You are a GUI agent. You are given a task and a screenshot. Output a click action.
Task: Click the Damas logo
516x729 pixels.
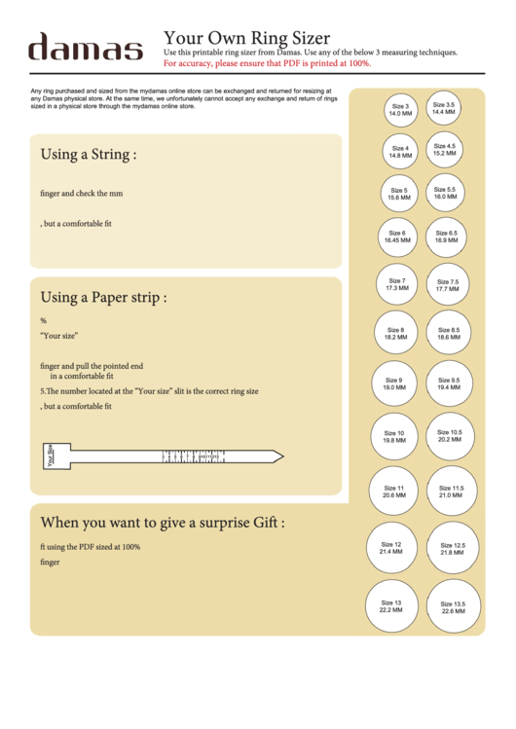(86, 48)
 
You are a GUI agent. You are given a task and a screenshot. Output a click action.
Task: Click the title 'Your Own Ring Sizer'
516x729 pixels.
(246, 38)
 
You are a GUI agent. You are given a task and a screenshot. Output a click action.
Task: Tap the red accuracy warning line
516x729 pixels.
(267, 63)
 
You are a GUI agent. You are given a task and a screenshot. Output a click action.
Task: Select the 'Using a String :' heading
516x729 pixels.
(88, 155)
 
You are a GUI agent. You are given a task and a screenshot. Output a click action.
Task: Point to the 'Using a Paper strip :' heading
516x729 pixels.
(103, 297)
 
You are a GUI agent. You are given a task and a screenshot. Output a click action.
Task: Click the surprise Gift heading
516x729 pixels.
(163, 523)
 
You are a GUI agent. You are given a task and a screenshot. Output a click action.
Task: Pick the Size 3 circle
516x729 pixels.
(400, 110)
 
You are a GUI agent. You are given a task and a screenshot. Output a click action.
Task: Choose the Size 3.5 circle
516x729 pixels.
(444, 108)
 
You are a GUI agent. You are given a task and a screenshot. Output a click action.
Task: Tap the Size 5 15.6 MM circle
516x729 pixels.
(399, 194)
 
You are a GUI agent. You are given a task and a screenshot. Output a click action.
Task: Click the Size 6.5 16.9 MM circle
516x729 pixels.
(447, 237)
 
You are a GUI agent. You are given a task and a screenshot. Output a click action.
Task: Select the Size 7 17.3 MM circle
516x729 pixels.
(397, 284)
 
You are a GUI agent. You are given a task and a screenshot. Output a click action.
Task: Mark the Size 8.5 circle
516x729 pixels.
(449, 334)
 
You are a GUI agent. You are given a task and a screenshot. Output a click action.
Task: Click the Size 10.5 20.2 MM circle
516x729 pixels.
(450, 435)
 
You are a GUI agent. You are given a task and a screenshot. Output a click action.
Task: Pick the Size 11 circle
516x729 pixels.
(393, 492)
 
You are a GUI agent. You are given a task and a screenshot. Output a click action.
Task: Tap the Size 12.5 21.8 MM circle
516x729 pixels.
(453, 549)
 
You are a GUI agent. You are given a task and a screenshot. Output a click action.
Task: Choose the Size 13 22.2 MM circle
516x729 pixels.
(391, 606)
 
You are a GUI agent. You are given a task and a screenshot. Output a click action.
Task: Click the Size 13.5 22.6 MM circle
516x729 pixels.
(454, 607)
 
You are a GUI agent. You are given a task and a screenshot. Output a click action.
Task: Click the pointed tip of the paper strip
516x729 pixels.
(279, 456)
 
